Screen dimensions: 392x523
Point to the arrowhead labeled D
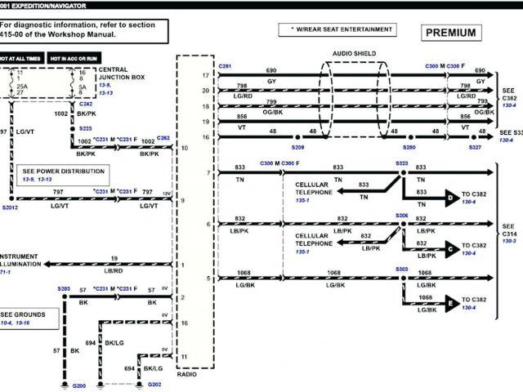coord(450,197)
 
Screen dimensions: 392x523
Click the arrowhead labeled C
coord(450,249)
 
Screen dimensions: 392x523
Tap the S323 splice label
coord(401,163)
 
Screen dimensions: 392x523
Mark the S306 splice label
coord(401,216)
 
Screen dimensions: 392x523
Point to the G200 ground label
coord(79,384)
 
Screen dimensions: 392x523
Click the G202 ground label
coord(155,384)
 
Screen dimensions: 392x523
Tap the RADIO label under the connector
coord(187,374)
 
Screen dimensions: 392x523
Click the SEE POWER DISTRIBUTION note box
coord(64,174)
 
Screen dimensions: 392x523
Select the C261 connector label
coord(225,65)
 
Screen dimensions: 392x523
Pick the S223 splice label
coord(86,129)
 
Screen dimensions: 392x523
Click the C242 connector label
coord(86,105)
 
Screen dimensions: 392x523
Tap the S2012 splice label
coord(10,208)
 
